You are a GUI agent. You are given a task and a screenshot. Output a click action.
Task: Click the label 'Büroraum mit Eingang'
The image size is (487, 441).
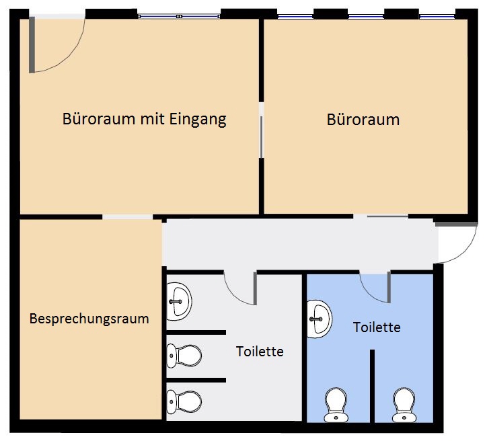click(x=145, y=119)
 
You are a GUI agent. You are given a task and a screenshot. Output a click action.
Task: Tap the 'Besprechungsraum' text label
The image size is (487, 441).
click(x=89, y=319)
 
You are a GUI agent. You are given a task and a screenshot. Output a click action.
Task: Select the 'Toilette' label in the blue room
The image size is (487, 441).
click(x=377, y=327)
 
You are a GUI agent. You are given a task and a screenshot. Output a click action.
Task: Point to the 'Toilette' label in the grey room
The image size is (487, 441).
click(x=260, y=352)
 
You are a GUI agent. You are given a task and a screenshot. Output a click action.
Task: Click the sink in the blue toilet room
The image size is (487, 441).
click(x=320, y=319)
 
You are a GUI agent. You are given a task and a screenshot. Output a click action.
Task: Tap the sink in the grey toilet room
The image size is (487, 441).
click(x=179, y=301)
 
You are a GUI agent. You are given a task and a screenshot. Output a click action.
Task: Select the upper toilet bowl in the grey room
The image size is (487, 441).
click(x=184, y=356)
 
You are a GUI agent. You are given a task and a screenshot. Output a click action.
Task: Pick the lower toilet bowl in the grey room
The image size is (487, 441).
click(x=184, y=401)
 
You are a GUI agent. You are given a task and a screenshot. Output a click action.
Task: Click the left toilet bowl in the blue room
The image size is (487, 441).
click(x=336, y=405)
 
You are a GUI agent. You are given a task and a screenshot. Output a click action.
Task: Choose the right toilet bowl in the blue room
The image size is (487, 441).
click(x=404, y=405)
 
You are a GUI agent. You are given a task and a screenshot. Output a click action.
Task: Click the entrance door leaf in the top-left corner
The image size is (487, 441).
click(x=32, y=44)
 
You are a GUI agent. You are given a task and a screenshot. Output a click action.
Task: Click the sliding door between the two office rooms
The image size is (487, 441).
click(x=261, y=137)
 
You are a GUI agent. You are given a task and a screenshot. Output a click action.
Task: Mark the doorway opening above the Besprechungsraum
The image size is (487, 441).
click(x=127, y=217)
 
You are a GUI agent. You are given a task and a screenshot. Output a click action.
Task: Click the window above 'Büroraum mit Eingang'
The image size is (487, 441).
click(x=179, y=16)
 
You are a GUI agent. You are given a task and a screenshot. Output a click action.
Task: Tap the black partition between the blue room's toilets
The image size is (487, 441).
click(x=372, y=386)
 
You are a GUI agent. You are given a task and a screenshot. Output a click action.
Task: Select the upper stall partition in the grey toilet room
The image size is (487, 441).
click(x=196, y=332)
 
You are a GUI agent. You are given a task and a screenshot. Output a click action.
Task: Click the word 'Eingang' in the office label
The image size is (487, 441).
click(x=198, y=120)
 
